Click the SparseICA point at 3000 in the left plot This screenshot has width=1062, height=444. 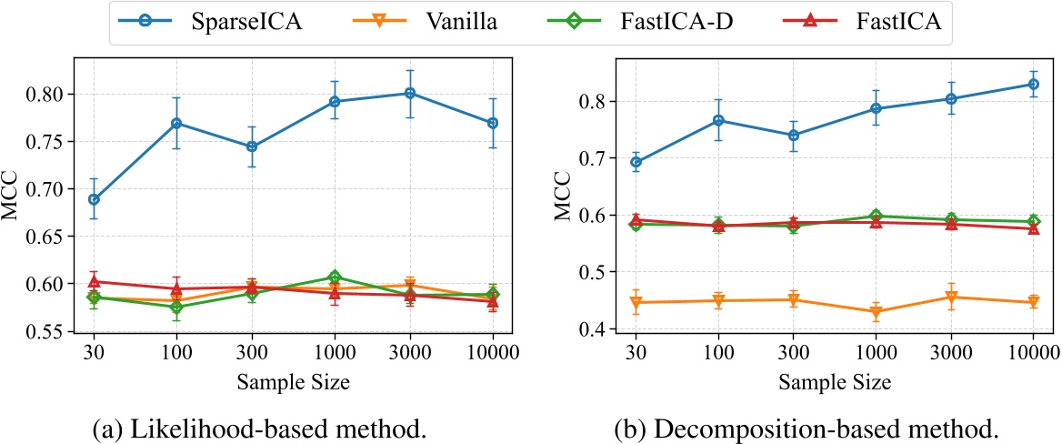coord(410,93)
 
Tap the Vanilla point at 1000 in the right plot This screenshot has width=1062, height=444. coord(876,312)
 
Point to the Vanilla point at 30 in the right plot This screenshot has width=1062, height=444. coord(636,302)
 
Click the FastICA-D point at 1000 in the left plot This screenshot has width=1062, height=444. coord(335,277)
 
